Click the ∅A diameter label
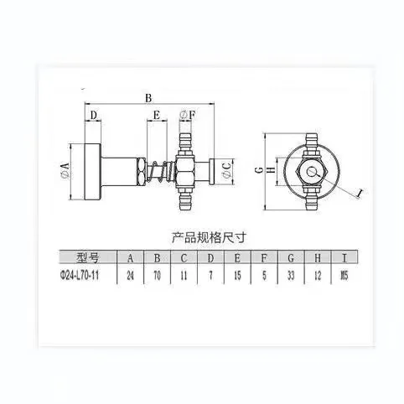tap(65, 173)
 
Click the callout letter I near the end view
tap(359, 193)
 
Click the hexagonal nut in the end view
tap(312, 172)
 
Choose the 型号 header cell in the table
tap(87, 257)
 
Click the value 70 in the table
tap(156, 273)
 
